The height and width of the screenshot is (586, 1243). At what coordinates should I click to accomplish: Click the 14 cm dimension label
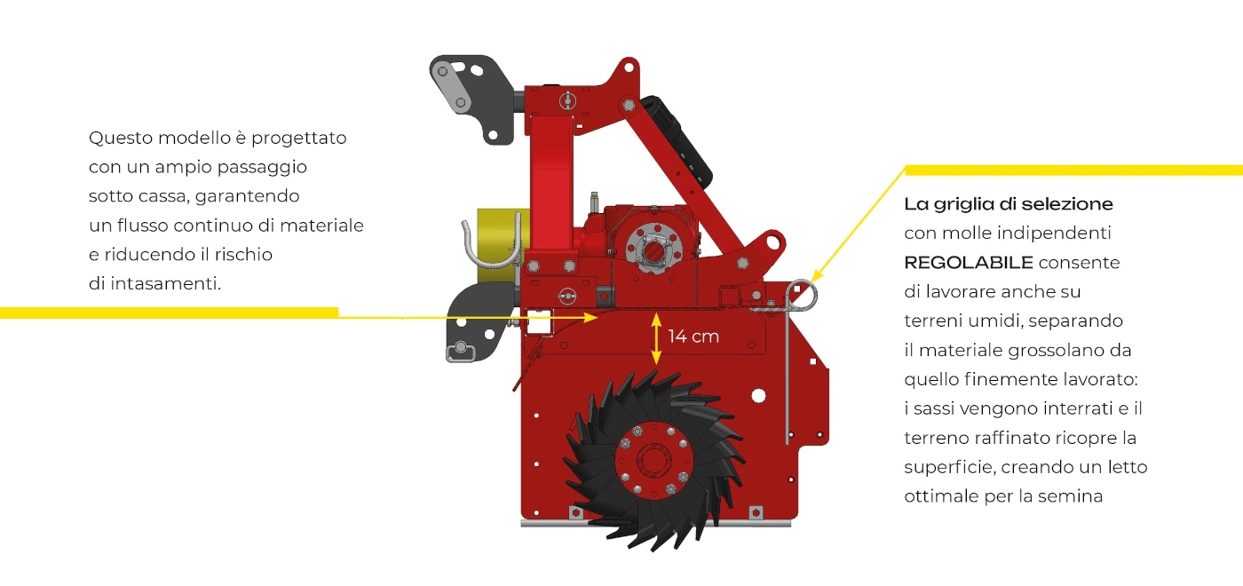coord(693,337)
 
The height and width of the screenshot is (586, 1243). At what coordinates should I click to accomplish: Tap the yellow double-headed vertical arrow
coord(656,338)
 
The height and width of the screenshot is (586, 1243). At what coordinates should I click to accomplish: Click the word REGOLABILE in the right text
coord(969,263)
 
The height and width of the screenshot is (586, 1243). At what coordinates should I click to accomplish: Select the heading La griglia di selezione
coord(1009,204)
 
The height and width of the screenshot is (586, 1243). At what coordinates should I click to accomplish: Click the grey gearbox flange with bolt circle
coord(655,248)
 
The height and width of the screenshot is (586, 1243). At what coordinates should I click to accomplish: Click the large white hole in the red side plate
coord(758,396)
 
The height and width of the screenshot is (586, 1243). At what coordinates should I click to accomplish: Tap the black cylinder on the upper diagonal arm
coord(677,141)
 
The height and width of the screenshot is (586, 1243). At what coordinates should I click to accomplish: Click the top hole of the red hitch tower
coord(629,67)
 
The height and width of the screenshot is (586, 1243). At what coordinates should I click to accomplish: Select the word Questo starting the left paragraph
coord(121,138)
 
